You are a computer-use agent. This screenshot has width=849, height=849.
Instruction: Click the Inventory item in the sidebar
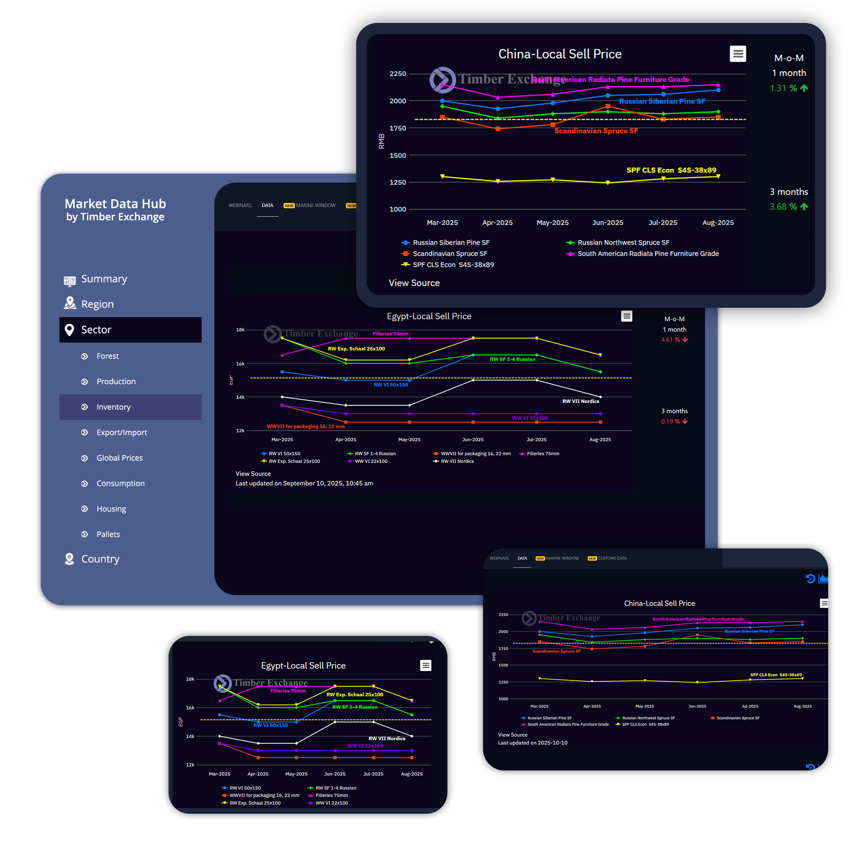pos(113,407)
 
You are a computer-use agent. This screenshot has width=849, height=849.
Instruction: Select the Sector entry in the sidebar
pos(96,329)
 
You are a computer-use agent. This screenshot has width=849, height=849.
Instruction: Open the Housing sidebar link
pos(111,509)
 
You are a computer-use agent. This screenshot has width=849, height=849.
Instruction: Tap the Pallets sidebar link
pos(108,534)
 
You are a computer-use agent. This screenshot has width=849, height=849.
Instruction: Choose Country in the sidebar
pos(100,559)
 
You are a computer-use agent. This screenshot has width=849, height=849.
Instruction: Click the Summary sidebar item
pos(104,279)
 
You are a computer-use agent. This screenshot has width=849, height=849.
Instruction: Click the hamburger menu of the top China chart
pos(738,54)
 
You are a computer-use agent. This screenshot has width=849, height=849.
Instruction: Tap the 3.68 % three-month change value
pos(783,207)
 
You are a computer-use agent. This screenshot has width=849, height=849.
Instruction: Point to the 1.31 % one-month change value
pos(783,88)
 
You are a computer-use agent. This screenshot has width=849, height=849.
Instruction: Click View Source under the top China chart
pos(414,283)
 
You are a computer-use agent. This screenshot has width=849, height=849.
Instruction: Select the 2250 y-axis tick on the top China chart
pos(398,74)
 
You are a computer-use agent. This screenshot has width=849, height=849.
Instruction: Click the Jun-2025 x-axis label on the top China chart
pos(608,223)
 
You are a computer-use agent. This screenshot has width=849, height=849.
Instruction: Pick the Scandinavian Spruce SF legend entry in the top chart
pos(450,253)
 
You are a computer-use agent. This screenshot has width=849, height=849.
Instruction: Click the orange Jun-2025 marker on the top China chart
pos(608,107)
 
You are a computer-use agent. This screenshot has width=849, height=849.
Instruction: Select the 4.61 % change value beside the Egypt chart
pos(670,340)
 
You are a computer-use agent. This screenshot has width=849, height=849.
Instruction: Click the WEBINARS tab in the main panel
pos(240,205)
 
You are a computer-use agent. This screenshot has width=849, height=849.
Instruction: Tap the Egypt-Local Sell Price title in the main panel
pos(429,316)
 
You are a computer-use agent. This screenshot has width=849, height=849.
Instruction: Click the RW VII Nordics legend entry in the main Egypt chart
pos(457,461)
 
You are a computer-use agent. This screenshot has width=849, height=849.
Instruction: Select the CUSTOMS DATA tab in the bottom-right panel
pos(612,559)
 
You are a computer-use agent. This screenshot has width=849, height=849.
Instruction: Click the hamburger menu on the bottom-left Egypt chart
pos(425,665)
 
